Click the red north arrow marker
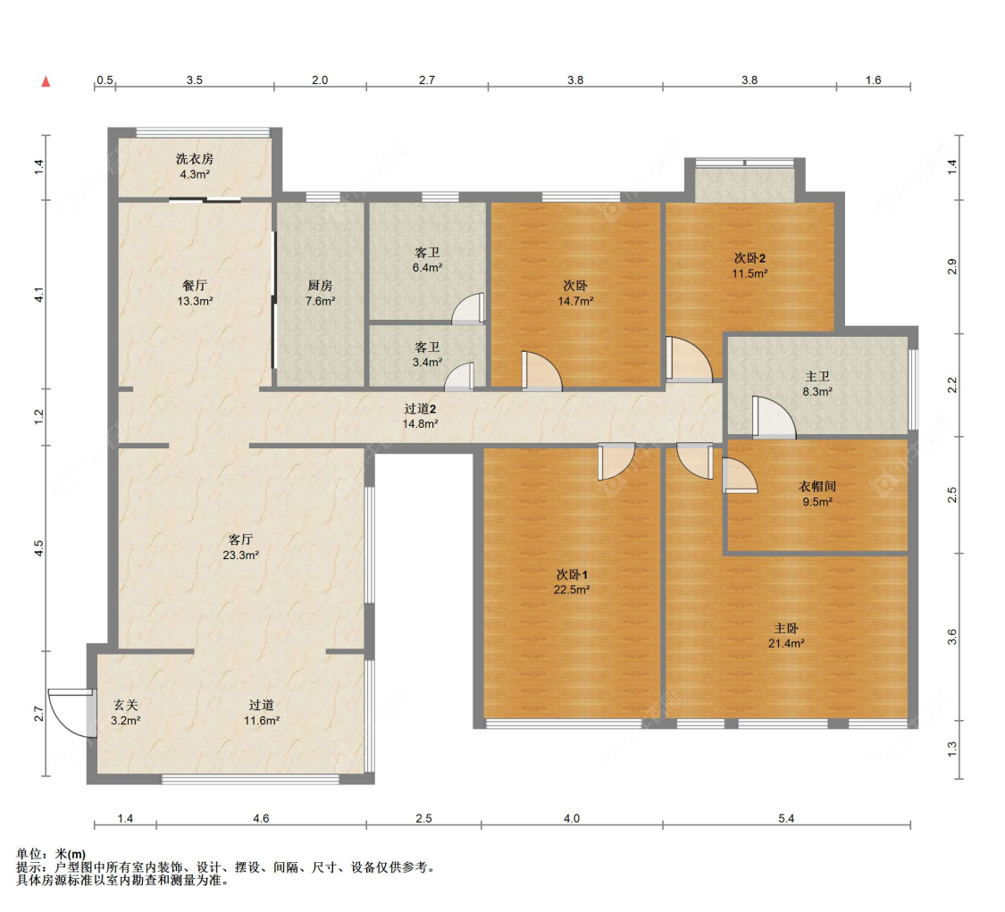click(x=46, y=81)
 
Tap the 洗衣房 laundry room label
click(x=195, y=166)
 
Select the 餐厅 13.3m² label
click(x=195, y=293)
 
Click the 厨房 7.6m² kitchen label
click(x=320, y=293)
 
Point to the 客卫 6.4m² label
click(x=427, y=260)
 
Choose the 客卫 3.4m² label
click(x=427, y=355)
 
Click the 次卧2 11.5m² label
click(x=750, y=265)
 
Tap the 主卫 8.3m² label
click(x=817, y=383)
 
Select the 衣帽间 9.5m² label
click(x=817, y=493)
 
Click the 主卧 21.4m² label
click(x=786, y=635)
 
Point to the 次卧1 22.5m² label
click(x=572, y=582)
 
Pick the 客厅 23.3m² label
click(x=240, y=547)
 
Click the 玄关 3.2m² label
click(x=126, y=712)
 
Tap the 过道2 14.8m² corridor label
click(x=420, y=416)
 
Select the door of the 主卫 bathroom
click(x=774, y=418)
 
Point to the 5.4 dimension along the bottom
click(x=786, y=818)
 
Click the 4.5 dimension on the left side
click(x=39, y=548)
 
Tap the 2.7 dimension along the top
click(x=427, y=80)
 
